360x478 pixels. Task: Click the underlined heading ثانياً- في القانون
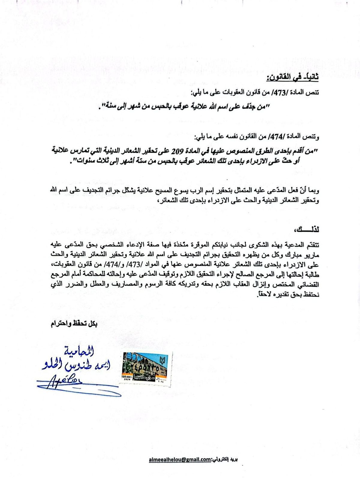292,79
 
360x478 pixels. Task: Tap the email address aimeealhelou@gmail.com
180,459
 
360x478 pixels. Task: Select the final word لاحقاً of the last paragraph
264,295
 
